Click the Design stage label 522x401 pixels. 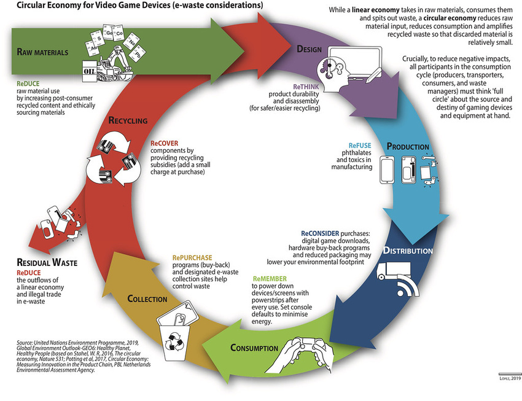313,49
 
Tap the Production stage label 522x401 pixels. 408,147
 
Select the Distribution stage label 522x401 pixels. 408,251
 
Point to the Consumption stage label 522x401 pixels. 254,348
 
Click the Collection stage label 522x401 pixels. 147,299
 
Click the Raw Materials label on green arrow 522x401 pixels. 42,52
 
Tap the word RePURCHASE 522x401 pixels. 192,257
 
